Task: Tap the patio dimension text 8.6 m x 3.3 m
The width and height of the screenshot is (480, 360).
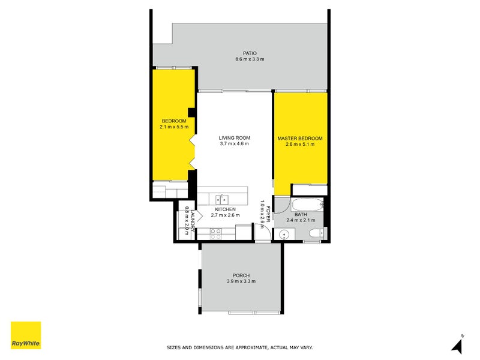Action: point(249,59)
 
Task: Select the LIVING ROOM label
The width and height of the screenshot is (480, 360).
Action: point(234,137)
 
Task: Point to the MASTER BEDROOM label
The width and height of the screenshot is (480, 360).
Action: point(299,139)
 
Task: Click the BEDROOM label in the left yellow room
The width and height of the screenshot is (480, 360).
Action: point(173,121)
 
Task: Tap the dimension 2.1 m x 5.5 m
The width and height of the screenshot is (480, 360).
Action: point(174,127)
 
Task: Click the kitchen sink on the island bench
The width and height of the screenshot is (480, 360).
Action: point(222,198)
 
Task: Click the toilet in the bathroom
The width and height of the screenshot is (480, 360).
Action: point(316,233)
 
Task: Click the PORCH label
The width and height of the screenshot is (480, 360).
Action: point(241,275)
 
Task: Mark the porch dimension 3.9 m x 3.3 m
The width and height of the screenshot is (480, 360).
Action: point(241,281)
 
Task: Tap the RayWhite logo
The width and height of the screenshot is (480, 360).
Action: point(26,335)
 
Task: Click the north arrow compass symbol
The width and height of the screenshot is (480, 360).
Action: point(458,345)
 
